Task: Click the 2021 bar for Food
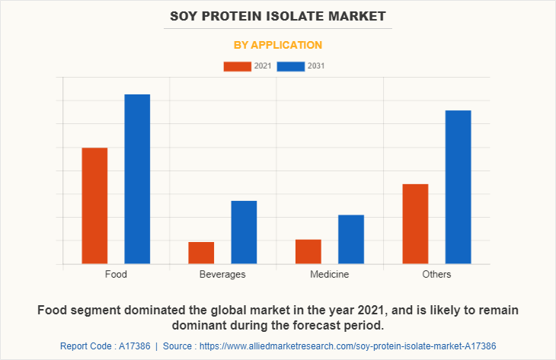click(94, 205)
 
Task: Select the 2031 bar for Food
click(137, 179)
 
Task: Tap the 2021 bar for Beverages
click(201, 253)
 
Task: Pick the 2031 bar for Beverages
click(244, 232)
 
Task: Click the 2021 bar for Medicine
click(308, 251)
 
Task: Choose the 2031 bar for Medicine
click(351, 239)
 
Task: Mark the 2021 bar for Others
click(415, 224)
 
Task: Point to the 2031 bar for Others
click(458, 187)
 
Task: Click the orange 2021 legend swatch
click(237, 66)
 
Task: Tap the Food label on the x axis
click(116, 274)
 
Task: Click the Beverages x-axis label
click(222, 274)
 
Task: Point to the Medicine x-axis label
click(329, 274)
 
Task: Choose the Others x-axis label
click(436, 274)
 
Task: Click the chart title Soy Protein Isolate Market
click(278, 15)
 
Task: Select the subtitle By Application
click(278, 45)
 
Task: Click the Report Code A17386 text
click(105, 346)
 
